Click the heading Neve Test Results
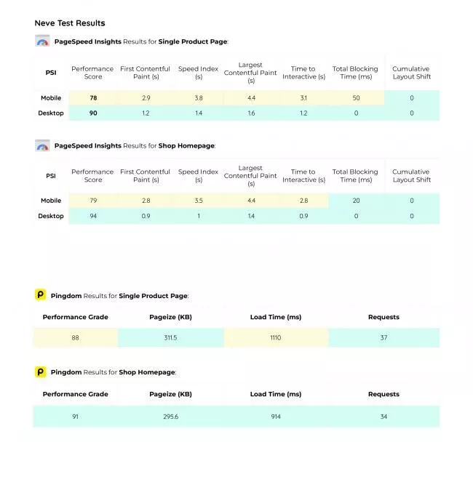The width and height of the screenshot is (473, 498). tap(70, 23)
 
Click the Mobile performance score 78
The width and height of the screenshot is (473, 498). tap(93, 98)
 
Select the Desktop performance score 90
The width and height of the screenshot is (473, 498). tap(93, 113)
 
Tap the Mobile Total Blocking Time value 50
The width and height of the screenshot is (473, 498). tap(356, 98)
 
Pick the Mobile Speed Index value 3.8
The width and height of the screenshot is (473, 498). tap(199, 98)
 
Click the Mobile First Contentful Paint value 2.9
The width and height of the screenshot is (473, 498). tap(146, 98)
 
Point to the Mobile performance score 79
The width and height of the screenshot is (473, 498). tap(93, 201)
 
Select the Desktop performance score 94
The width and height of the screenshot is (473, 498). tap(93, 216)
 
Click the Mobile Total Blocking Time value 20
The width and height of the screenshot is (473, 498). tap(356, 201)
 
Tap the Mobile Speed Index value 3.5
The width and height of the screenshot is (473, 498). tap(199, 201)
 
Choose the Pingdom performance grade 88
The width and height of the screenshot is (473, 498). tap(76, 338)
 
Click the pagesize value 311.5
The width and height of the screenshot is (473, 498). tap(171, 338)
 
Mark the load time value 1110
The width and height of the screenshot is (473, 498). tap(275, 338)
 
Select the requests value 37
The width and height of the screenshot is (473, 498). tap(383, 338)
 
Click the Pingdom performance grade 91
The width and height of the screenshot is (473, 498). tap(76, 417)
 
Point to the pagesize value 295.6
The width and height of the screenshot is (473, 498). tap(171, 417)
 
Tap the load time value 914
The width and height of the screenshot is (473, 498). tap(275, 417)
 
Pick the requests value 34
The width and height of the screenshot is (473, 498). tap(383, 417)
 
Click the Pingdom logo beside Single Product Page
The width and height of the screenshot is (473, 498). tap(41, 295)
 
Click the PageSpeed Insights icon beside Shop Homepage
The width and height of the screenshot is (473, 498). tap(42, 145)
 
